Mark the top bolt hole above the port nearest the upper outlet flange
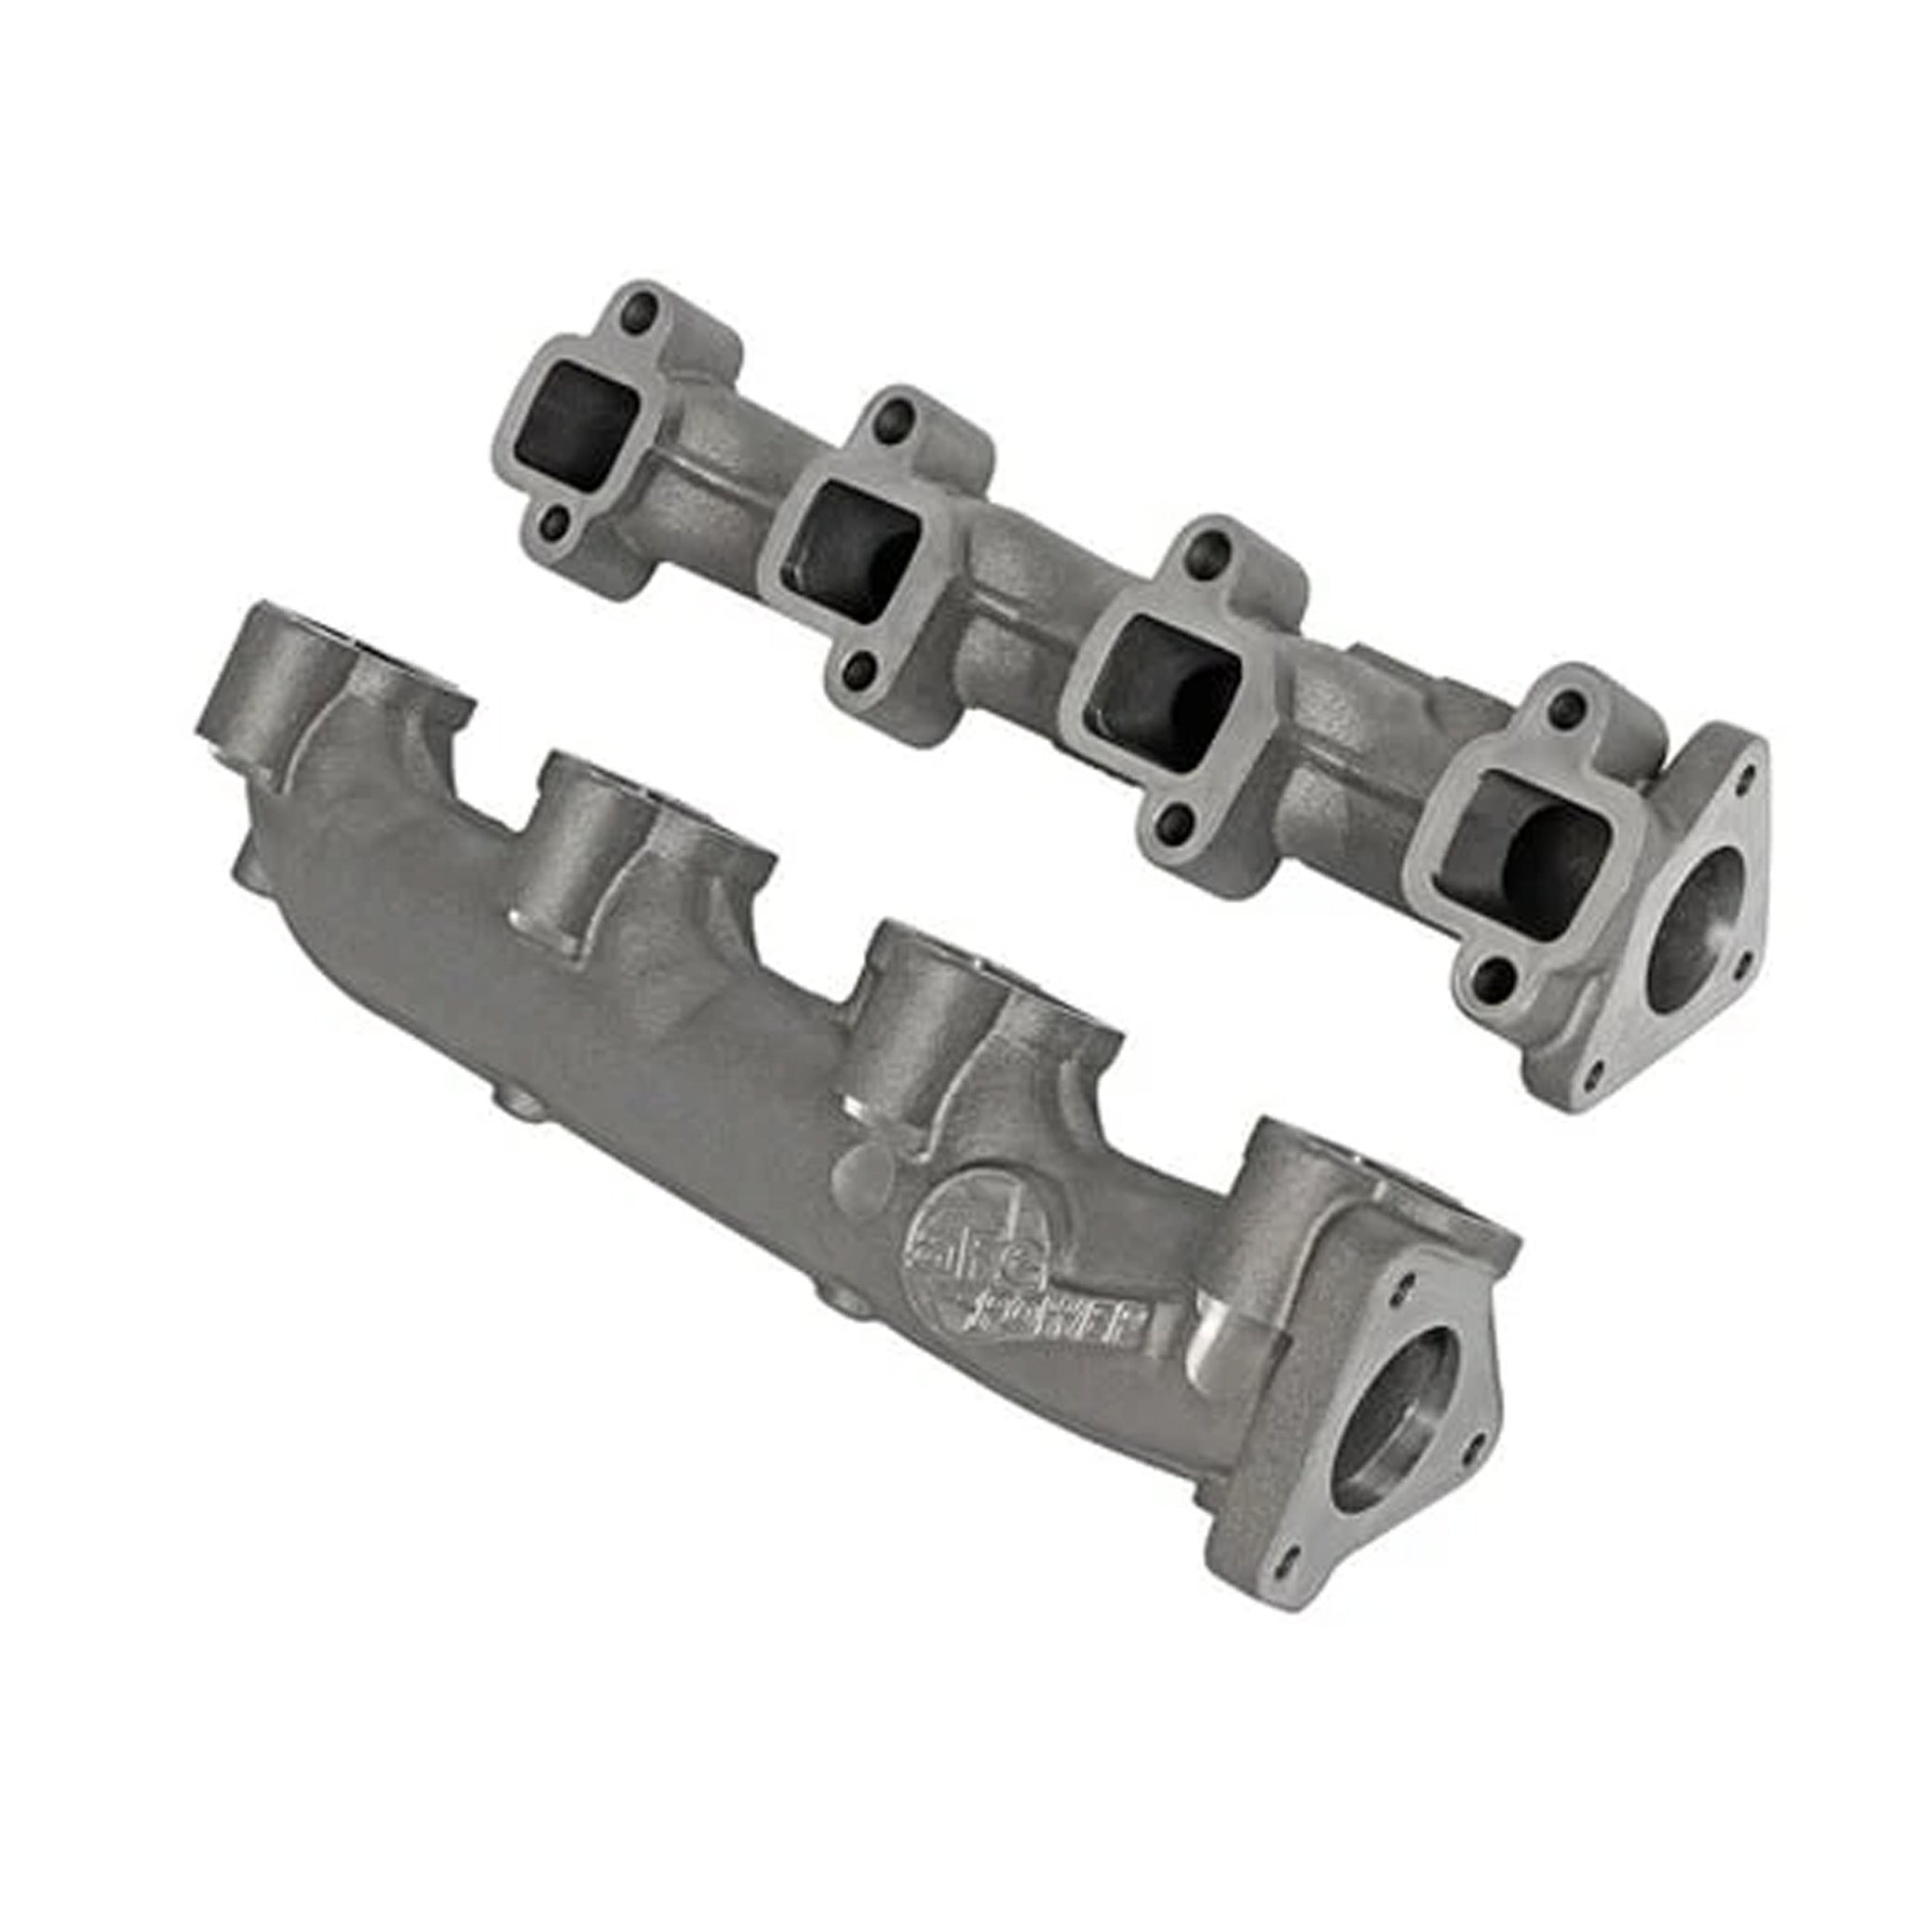click(x=1562, y=705)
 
